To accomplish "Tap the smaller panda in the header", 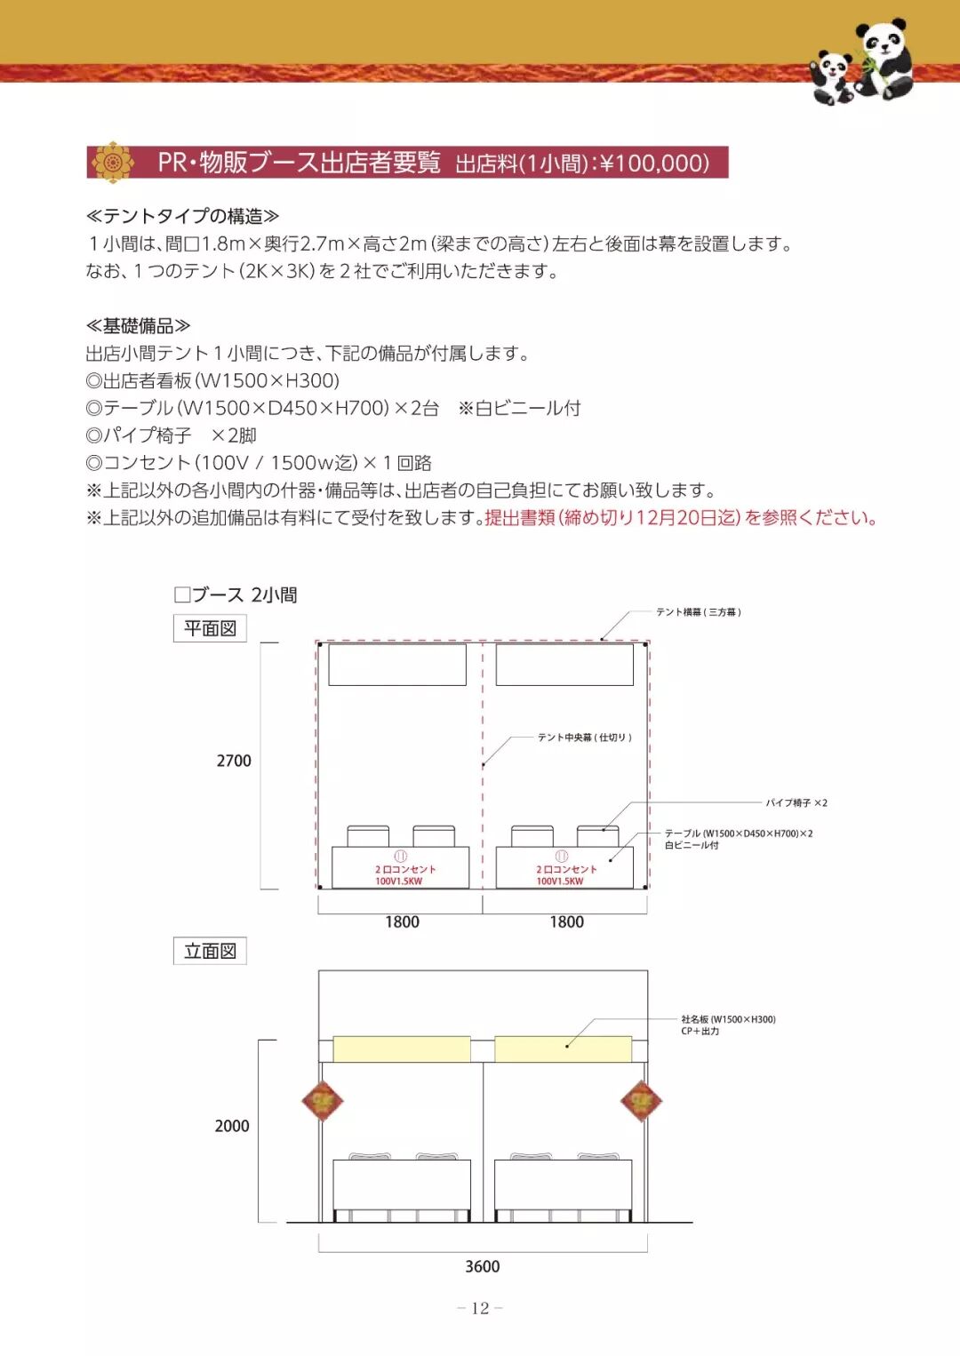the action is (x=834, y=78).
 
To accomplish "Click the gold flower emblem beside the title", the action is (x=113, y=162).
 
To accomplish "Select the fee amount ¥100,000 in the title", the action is (x=655, y=164).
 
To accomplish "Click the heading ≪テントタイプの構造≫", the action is (x=182, y=216).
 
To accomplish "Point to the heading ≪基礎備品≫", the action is (x=138, y=326).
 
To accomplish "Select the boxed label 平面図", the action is (x=210, y=628).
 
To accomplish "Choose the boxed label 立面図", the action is (x=210, y=951).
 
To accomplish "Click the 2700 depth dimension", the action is (x=234, y=761).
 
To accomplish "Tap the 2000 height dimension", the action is (x=232, y=1126).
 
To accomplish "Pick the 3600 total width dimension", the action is (x=483, y=1266).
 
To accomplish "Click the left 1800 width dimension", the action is (x=402, y=921).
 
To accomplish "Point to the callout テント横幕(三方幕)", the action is (x=699, y=612).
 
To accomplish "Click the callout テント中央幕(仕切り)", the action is (x=584, y=738).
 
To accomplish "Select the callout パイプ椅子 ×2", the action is (x=796, y=802).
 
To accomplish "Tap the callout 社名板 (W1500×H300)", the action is (x=728, y=1020).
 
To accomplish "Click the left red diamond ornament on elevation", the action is (x=322, y=1101).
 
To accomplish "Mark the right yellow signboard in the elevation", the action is (x=563, y=1049).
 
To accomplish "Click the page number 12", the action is (x=480, y=1308).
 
